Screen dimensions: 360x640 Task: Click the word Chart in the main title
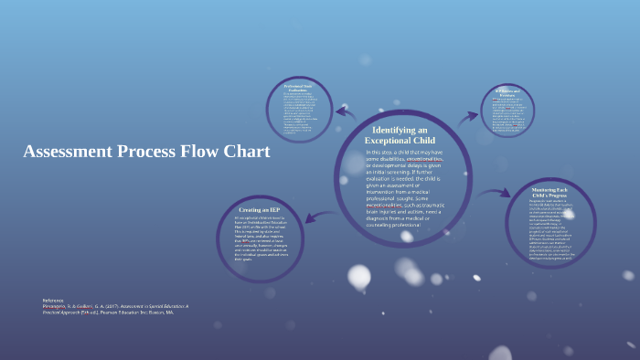245,152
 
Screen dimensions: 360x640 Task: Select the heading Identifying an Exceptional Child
400,135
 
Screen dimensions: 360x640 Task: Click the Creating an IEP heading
260,210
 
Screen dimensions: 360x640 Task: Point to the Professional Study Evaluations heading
299,88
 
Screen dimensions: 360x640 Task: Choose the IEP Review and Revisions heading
507,92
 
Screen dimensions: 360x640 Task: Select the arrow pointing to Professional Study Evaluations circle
346,112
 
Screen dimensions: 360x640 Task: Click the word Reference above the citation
54,300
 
